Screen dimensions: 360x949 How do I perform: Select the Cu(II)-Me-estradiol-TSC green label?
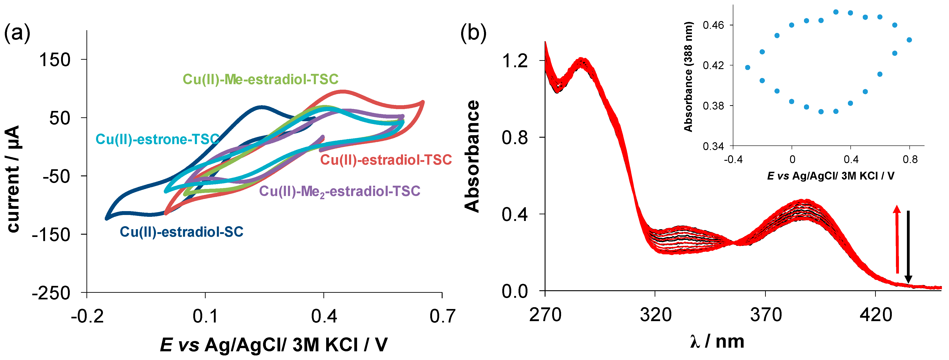[261, 79]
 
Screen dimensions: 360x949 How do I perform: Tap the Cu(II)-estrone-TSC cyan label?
[158, 139]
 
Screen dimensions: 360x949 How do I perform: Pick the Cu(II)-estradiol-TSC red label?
[386, 160]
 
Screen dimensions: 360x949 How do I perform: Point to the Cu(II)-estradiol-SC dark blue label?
[182, 232]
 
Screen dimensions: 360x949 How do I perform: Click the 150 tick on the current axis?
[54, 60]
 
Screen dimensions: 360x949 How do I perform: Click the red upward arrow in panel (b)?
[897, 239]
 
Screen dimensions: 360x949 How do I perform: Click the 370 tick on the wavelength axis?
[766, 315]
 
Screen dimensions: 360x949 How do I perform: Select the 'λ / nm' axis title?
[717, 341]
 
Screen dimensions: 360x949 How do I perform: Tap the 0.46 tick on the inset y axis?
[713, 25]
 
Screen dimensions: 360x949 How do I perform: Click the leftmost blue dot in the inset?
[747, 67]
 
